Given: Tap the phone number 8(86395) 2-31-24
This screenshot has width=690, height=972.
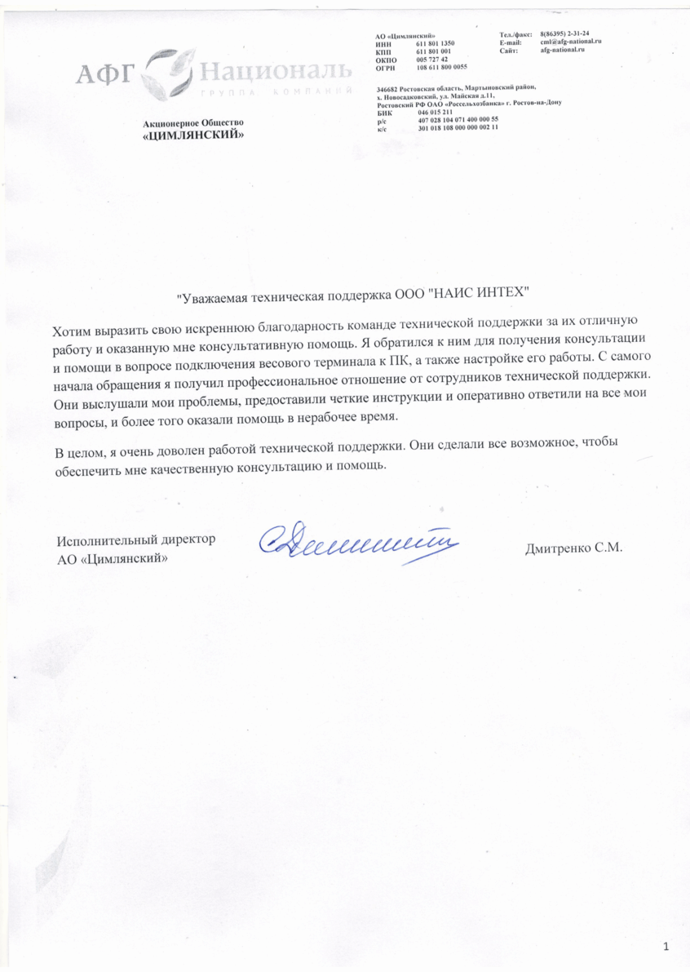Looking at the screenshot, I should pyautogui.click(x=565, y=33).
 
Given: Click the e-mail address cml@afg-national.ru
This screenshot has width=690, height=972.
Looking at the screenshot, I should pyautogui.click(x=571, y=42).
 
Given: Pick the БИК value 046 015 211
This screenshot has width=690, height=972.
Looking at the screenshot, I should pyautogui.click(x=435, y=112).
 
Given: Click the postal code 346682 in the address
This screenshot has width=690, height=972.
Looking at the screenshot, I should pyautogui.click(x=387, y=87).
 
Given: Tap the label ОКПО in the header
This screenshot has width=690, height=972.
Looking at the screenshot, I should pyautogui.click(x=386, y=59).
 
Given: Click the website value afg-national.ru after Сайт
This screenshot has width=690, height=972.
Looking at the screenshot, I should pyautogui.click(x=563, y=50).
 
